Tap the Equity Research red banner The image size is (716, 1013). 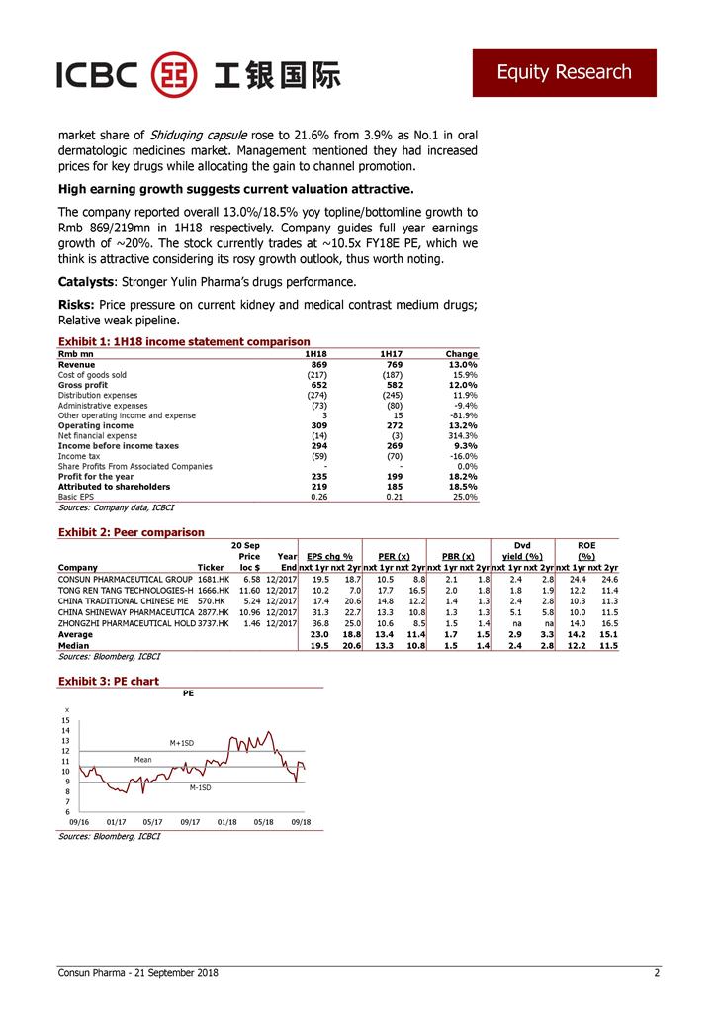(x=564, y=72)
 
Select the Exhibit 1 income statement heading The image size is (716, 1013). (x=184, y=341)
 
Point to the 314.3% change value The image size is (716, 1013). (x=462, y=436)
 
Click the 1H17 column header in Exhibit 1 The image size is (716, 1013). (x=391, y=354)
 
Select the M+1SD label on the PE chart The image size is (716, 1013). (x=182, y=742)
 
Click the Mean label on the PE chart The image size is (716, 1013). (x=142, y=759)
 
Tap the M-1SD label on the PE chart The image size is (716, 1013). (x=200, y=787)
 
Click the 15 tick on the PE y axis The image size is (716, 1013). (x=65, y=720)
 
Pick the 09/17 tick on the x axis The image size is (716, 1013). (x=190, y=821)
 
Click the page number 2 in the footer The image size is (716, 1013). (x=656, y=973)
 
